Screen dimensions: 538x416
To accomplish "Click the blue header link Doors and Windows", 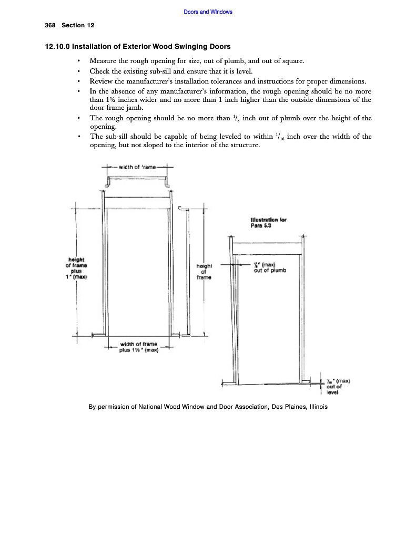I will tap(208, 12).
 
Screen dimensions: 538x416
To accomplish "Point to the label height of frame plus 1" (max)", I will tap(76, 268).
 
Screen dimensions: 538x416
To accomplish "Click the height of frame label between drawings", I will tap(204, 272).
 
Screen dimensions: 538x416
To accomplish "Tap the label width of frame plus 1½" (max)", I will tap(136, 347).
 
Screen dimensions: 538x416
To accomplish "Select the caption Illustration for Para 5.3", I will tap(268, 223).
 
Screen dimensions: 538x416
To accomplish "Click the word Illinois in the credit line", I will tap(316, 407).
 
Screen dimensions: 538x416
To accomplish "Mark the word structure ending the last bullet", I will tap(244, 146).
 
